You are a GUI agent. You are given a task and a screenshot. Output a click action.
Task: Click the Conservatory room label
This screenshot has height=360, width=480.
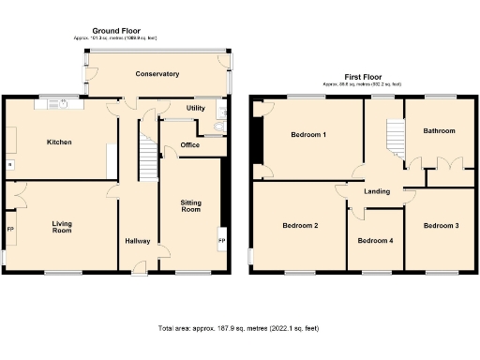[157, 74]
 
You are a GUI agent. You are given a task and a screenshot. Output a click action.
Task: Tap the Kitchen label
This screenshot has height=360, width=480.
[61, 142]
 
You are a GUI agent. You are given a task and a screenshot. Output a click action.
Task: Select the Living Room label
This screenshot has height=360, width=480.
[62, 226]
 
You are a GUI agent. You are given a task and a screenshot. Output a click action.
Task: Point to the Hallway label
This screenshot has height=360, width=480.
[138, 242]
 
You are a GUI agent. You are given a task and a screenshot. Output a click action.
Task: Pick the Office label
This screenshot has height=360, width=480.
[190, 145]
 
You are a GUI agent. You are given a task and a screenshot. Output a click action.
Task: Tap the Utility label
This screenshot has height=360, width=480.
[195, 109]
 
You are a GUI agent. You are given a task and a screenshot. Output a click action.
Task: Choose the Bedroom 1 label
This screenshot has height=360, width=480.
[308, 135]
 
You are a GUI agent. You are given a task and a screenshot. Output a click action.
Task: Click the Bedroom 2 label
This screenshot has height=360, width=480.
[300, 226]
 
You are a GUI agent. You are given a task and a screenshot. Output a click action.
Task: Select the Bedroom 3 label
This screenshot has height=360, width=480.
[440, 226]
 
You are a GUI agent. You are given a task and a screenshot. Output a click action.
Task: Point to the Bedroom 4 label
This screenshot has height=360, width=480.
[375, 241]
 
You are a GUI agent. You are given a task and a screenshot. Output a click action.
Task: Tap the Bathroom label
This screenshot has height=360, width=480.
[438, 131]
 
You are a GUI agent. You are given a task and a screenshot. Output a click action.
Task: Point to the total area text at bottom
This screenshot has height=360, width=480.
[238, 329]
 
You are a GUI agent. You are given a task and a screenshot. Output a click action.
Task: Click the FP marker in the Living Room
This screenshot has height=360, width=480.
[11, 229]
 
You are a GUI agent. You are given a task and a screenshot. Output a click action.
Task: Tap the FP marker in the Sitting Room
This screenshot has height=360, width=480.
[221, 241]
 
